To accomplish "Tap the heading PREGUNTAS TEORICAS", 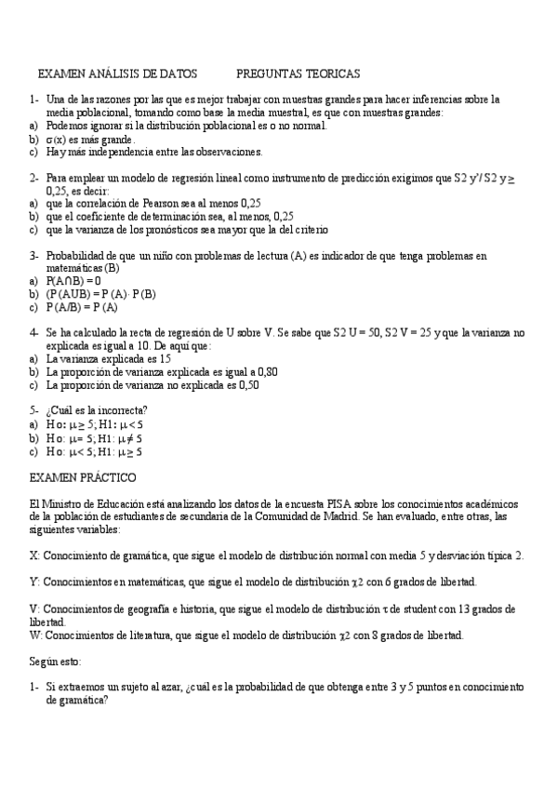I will (298, 73).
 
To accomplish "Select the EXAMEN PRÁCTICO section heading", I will (83, 477).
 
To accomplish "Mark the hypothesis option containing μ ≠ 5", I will (94, 437).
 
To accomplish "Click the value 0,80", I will (265, 371).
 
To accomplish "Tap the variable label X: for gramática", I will (34, 555).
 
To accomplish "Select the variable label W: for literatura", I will (35, 635).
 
